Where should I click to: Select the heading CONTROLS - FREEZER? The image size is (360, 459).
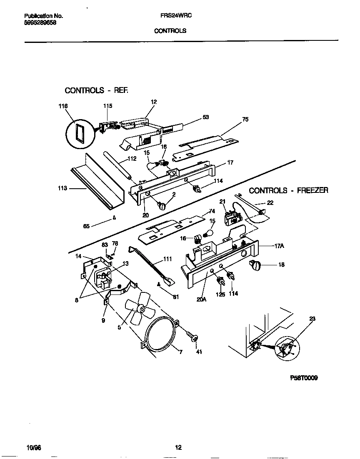(288, 190)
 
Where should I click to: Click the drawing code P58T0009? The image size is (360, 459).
(304, 378)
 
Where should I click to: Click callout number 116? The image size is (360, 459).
(63, 106)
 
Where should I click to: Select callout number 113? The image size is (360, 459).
(63, 188)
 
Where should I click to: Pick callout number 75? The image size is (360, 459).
(245, 119)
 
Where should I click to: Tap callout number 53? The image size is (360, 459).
(205, 117)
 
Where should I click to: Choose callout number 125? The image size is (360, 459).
(220, 294)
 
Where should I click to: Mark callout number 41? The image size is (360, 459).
(199, 352)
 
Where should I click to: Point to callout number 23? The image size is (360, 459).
(312, 319)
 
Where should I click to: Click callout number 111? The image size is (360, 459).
(167, 259)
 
